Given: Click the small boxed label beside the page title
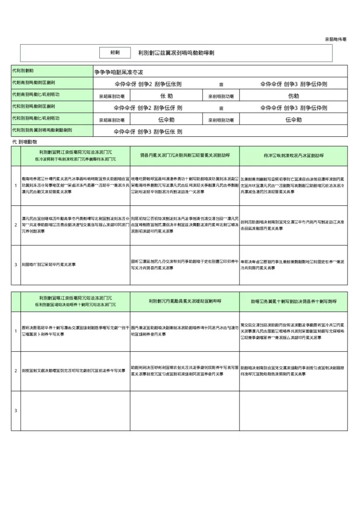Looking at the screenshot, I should click(115, 53).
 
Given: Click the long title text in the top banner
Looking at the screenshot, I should click(176, 53).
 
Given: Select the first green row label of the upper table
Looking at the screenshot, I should click(52, 71).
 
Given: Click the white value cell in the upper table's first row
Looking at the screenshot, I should click(220, 71).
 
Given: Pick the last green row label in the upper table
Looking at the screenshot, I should click(52, 130).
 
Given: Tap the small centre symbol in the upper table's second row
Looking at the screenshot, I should click(221, 83).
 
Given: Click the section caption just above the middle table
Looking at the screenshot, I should click(24, 142).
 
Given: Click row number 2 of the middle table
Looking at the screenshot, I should click(16, 225).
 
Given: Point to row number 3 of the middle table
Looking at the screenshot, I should click(16, 264).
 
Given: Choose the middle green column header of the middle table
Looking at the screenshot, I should click(185, 156).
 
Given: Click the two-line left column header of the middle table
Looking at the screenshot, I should click(75, 156).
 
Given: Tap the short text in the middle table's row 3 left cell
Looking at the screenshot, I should click(48, 264).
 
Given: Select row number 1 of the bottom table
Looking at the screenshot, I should click(16, 331).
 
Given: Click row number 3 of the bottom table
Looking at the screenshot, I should click(16, 410).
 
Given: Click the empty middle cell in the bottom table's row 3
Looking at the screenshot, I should click(185, 410).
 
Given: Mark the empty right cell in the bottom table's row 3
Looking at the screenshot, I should click(293, 410).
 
